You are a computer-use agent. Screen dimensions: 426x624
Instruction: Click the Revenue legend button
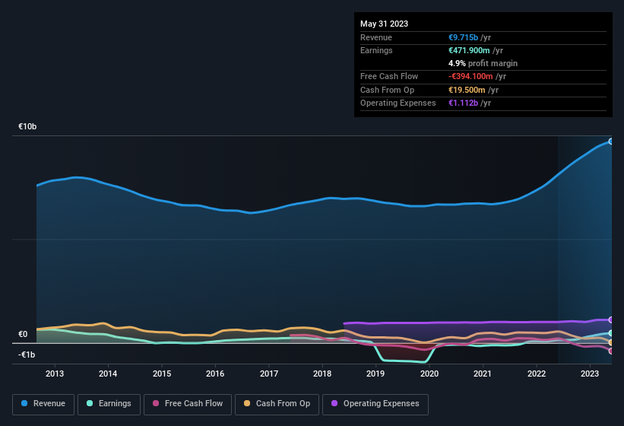[43, 404]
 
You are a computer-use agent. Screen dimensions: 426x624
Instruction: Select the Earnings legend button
[109, 404]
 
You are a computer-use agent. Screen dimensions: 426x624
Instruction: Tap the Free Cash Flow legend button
[188, 404]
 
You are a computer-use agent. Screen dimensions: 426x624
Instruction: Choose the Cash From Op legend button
[276, 404]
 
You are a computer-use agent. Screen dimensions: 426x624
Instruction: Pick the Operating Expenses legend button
[375, 404]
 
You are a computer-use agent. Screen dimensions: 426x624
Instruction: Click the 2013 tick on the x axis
[55, 374]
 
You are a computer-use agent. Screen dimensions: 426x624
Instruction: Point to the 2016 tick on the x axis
[215, 374]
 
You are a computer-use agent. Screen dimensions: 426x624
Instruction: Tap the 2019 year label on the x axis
[375, 374]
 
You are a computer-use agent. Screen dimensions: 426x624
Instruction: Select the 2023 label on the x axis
[590, 374]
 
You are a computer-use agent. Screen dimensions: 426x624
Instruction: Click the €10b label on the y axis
[27, 126]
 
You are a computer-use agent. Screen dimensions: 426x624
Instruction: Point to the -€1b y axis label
[27, 355]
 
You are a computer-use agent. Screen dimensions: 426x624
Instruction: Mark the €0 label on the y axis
[23, 334]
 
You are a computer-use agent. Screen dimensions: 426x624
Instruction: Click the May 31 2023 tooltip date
[384, 24]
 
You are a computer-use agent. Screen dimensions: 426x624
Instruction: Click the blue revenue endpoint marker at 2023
[610, 141]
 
